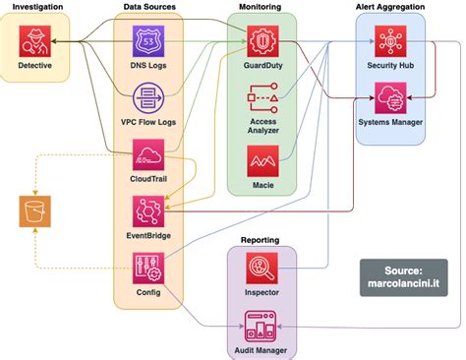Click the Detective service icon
(x=35, y=41)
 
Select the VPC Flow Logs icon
(x=147, y=98)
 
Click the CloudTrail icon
(x=147, y=155)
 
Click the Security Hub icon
(x=390, y=41)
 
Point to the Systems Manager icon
(x=390, y=98)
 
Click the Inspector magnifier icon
(x=262, y=268)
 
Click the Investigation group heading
(x=36, y=7)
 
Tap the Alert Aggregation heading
(x=390, y=7)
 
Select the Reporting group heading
(x=261, y=239)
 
